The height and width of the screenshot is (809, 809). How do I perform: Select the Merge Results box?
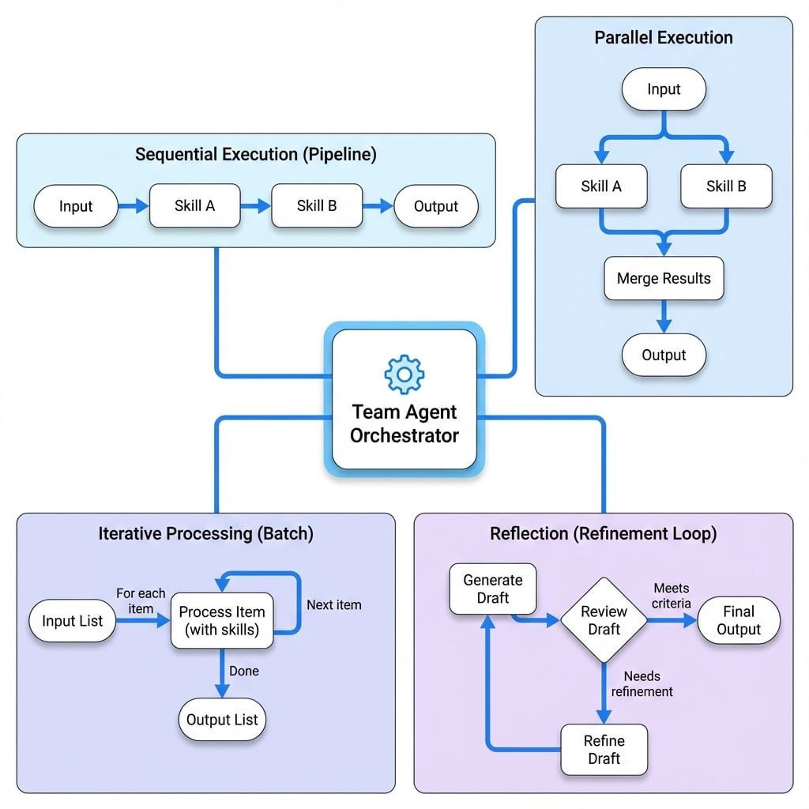[664, 279]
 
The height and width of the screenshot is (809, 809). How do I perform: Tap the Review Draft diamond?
[604, 620]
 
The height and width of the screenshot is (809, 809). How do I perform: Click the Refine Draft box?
[604, 750]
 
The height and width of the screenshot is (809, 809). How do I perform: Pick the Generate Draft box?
[492, 589]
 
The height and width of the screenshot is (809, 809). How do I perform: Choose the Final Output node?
[739, 620]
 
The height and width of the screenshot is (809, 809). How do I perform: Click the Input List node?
[72, 621]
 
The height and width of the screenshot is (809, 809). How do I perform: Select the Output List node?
[222, 720]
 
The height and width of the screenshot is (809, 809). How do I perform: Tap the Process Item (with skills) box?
[222, 621]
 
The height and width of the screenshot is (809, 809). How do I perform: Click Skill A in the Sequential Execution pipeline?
[194, 206]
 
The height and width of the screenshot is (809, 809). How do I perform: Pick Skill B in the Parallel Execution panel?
[725, 186]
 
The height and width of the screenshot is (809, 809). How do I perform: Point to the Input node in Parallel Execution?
[664, 89]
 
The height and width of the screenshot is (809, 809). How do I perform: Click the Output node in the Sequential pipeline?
[435, 206]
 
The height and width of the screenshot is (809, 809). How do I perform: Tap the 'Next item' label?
[334, 605]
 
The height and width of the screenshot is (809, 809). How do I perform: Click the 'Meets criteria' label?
[672, 596]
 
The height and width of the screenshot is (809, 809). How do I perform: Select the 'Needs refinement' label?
[642, 683]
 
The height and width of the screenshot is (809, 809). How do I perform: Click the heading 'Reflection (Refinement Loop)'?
[603, 533]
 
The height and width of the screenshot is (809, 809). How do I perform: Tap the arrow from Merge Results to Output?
[664, 316]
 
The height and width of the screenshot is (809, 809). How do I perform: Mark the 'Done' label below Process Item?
[243, 671]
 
